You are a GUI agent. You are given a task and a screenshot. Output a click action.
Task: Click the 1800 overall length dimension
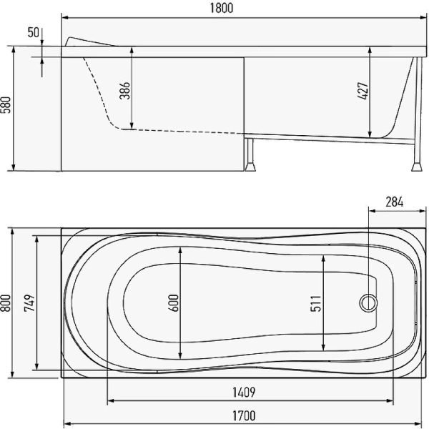click(222, 8)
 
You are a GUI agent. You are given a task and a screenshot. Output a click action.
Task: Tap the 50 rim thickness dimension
click(34, 33)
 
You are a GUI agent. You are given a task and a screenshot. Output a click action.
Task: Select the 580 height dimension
click(6, 105)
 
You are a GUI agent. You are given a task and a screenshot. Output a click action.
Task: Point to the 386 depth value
click(125, 90)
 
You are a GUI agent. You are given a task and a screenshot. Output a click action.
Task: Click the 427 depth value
click(363, 91)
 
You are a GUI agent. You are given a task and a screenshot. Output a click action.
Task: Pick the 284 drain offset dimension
click(394, 202)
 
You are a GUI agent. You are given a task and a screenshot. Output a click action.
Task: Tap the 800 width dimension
click(6, 303)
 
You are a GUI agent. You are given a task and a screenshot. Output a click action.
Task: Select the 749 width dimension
click(29, 303)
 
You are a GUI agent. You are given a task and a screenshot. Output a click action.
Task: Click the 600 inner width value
click(174, 303)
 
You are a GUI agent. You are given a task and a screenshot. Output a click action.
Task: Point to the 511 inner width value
click(315, 303)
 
